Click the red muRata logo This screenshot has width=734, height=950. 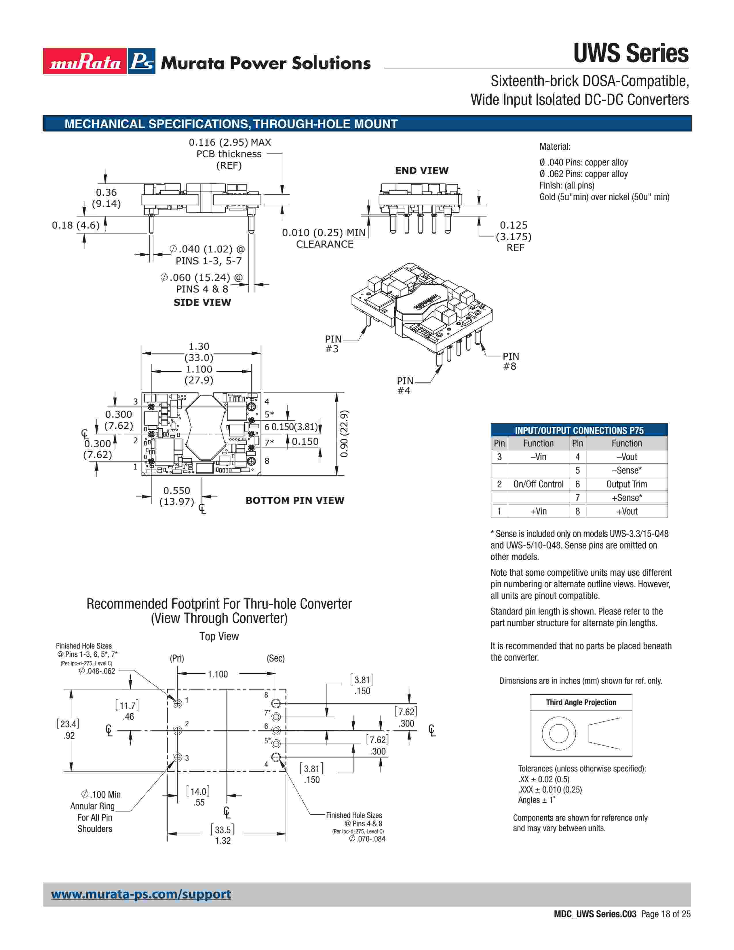coord(85,61)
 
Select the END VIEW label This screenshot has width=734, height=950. coord(421,170)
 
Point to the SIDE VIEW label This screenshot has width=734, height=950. coord(202,302)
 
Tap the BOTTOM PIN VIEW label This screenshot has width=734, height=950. coord(295,500)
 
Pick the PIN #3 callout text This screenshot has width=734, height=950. coord(333,344)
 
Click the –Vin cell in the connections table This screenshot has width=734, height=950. coord(538,457)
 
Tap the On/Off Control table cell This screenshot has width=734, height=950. coord(538,484)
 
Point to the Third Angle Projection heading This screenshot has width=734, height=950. coord(581,702)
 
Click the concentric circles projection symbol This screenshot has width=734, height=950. coord(559,734)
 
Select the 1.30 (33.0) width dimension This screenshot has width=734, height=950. coord(199,352)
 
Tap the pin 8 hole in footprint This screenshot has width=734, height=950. coord(276,703)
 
